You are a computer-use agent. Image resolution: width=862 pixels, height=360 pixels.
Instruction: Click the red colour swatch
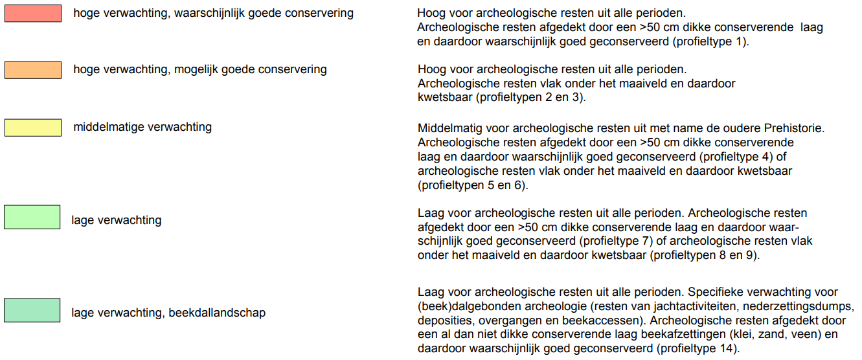tap(33, 14)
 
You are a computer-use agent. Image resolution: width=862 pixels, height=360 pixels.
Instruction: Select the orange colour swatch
tap(33, 69)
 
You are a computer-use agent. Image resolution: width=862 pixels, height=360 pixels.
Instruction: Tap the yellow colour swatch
tap(33, 127)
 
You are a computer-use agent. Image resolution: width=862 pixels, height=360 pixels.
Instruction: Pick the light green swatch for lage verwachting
tap(33, 217)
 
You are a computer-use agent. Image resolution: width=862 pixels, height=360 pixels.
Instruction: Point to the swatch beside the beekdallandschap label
tap(33, 310)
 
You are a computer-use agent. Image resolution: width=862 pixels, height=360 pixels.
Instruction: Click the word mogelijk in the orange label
tap(197, 69)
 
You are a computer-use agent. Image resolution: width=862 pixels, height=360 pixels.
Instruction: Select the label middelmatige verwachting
tap(142, 127)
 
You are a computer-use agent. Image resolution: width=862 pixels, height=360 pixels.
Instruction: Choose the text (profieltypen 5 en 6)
tap(473, 186)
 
